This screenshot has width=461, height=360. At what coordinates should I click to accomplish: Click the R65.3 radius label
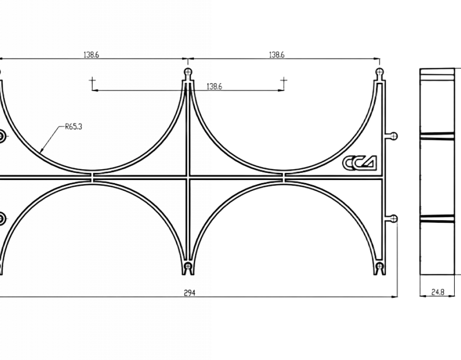click(x=73, y=126)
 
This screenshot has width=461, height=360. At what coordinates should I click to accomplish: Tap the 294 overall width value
click(x=190, y=292)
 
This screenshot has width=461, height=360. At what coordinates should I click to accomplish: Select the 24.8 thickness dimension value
click(x=438, y=292)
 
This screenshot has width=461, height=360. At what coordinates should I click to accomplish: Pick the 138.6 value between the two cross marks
click(x=214, y=87)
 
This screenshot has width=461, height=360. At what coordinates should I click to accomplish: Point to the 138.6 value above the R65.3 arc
click(x=91, y=54)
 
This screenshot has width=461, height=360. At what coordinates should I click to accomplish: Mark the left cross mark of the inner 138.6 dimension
click(x=92, y=80)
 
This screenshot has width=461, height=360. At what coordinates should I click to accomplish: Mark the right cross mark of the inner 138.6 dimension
click(x=284, y=80)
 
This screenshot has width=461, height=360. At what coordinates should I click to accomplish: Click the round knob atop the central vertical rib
click(x=188, y=72)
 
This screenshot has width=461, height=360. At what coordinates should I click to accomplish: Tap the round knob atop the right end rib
click(x=380, y=72)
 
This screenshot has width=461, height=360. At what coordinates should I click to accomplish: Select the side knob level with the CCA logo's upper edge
click(x=393, y=136)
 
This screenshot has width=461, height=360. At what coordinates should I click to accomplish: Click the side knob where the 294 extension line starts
click(x=393, y=219)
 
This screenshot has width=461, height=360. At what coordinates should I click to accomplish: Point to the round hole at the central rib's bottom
click(x=188, y=266)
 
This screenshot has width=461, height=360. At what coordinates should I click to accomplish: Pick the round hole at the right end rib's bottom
click(x=380, y=266)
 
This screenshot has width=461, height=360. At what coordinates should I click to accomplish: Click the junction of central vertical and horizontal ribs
click(x=188, y=177)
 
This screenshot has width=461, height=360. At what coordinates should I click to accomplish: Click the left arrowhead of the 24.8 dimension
click(x=422, y=296)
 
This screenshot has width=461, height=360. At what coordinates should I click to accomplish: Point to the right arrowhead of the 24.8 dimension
click(x=452, y=296)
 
